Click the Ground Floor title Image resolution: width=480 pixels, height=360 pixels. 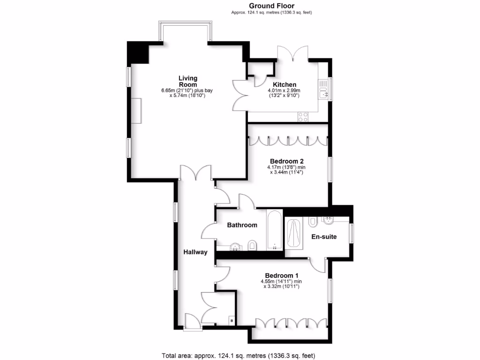pos(271,6)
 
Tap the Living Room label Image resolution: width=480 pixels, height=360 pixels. pos(187,81)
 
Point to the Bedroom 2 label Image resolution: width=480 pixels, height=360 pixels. pos(285,161)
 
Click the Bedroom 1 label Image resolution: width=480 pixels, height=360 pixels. pos(281,275)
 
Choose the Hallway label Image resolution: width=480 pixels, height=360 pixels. pos(195,252)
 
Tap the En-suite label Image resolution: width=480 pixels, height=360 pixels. pos(324,237)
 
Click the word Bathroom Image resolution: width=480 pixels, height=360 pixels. pos(242,225)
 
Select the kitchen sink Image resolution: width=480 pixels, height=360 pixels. pos(323,89)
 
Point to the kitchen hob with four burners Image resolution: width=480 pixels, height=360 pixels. pos(303,117)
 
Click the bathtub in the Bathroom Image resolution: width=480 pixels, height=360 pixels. pos(274,230)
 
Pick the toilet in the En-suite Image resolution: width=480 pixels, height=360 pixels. pos(313,221)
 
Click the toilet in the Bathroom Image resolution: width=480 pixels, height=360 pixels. pos(252,245)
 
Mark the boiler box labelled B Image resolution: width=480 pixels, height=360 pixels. pos(231,320)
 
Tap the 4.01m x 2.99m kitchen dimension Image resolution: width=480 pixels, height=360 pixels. pos(284,90)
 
